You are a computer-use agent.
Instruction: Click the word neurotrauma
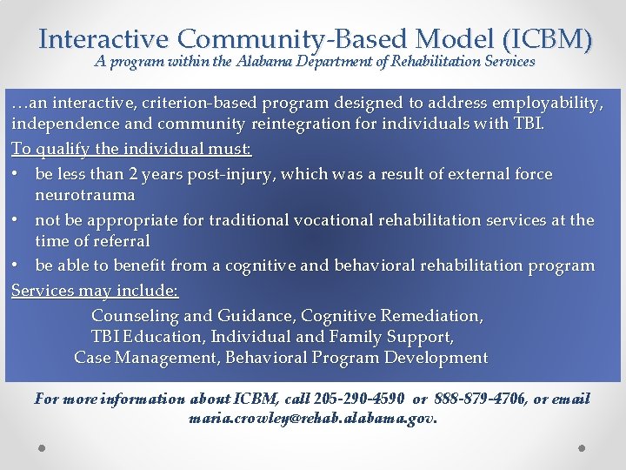pyautogui.click(x=85, y=195)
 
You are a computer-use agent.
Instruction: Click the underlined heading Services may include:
pyautogui.click(x=96, y=291)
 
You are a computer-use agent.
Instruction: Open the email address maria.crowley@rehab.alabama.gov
pyautogui.click(x=313, y=418)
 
